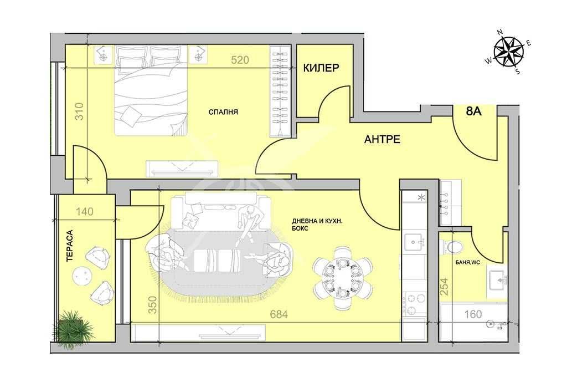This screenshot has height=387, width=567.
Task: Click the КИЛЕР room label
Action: (x=321, y=68)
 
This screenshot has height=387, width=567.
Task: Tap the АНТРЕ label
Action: (x=382, y=139)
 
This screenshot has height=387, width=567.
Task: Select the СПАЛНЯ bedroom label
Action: (x=223, y=112)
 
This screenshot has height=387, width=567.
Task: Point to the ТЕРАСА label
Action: (x=69, y=246)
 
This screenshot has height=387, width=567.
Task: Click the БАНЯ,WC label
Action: (x=467, y=262)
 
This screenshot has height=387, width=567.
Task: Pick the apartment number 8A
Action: (x=474, y=111)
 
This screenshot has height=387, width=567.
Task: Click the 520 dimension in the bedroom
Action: (x=240, y=60)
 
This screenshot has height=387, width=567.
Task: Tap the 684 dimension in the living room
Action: (x=279, y=314)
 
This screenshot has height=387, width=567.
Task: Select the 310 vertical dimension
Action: (x=79, y=111)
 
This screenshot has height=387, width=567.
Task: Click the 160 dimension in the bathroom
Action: (x=473, y=314)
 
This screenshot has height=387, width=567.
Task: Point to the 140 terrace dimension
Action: (x=85, y=211)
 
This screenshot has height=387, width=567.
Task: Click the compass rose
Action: (x=509, y=52)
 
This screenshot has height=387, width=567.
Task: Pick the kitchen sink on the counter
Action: (x=414, y=242)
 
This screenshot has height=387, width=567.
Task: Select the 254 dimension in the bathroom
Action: (x=445, y=286)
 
